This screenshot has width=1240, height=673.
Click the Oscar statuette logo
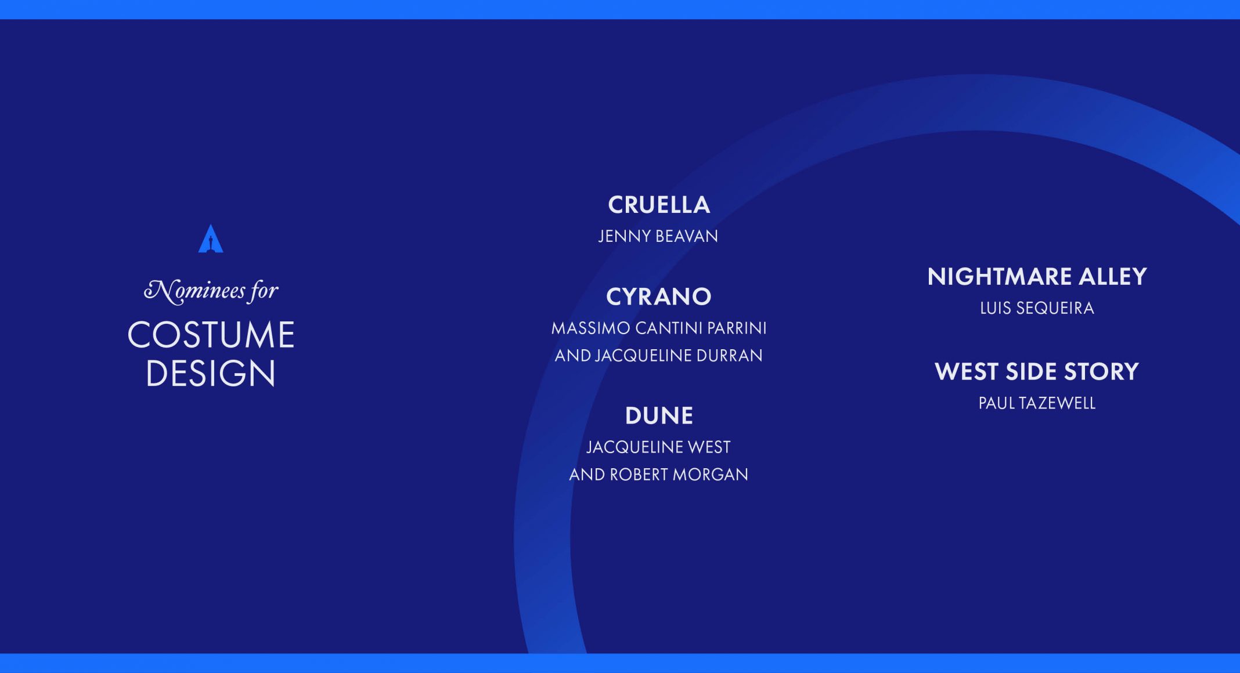(211, 238)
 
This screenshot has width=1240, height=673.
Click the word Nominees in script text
(195, 291)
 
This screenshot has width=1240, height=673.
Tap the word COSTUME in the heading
(211, 335)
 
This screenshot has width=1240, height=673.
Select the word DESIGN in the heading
(211, 372)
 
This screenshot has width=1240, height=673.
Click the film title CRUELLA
(659, 205)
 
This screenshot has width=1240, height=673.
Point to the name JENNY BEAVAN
(658, 236)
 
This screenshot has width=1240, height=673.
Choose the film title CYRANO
(659, 296)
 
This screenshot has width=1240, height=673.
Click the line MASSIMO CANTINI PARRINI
(659, 328)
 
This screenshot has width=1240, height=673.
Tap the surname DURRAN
(729, 356)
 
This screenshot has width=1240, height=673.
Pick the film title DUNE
(659, 415)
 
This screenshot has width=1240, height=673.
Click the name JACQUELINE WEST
(658, 447)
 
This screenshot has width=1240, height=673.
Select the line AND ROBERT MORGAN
(658, 475)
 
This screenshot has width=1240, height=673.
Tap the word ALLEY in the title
(1113, 277)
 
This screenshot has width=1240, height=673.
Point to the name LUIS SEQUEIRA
(1037, 308)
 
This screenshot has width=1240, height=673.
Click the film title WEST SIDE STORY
(1037, 372)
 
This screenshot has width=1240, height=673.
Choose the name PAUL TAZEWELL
(1037, 403)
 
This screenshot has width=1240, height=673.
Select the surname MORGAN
(711, 475)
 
